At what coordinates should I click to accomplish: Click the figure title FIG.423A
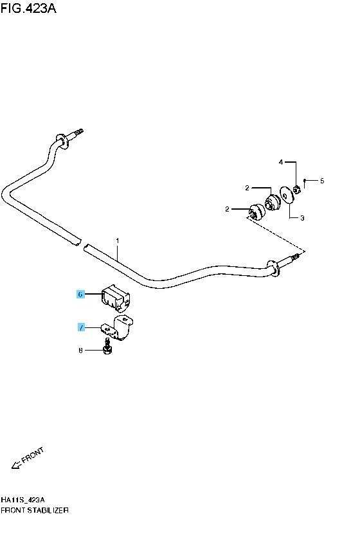pos(28,8)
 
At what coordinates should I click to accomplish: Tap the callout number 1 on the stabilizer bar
pos(118,241)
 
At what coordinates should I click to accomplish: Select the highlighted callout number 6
pos(80,295)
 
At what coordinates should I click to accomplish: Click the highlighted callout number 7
pos(81,327)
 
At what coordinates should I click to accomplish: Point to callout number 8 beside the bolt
pos(80,350)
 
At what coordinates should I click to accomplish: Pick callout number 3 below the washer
pos(302,218)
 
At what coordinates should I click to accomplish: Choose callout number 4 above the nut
pos(281,162)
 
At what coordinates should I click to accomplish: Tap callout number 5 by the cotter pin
pos(322,181)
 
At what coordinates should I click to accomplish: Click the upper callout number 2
pos(248,188)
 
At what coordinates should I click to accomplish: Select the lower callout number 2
pos(228,209)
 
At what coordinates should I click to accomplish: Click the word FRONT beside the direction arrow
pos(33,455)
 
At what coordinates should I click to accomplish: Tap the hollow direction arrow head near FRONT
pos(15,465)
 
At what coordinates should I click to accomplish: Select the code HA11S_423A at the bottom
pos(23,499)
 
